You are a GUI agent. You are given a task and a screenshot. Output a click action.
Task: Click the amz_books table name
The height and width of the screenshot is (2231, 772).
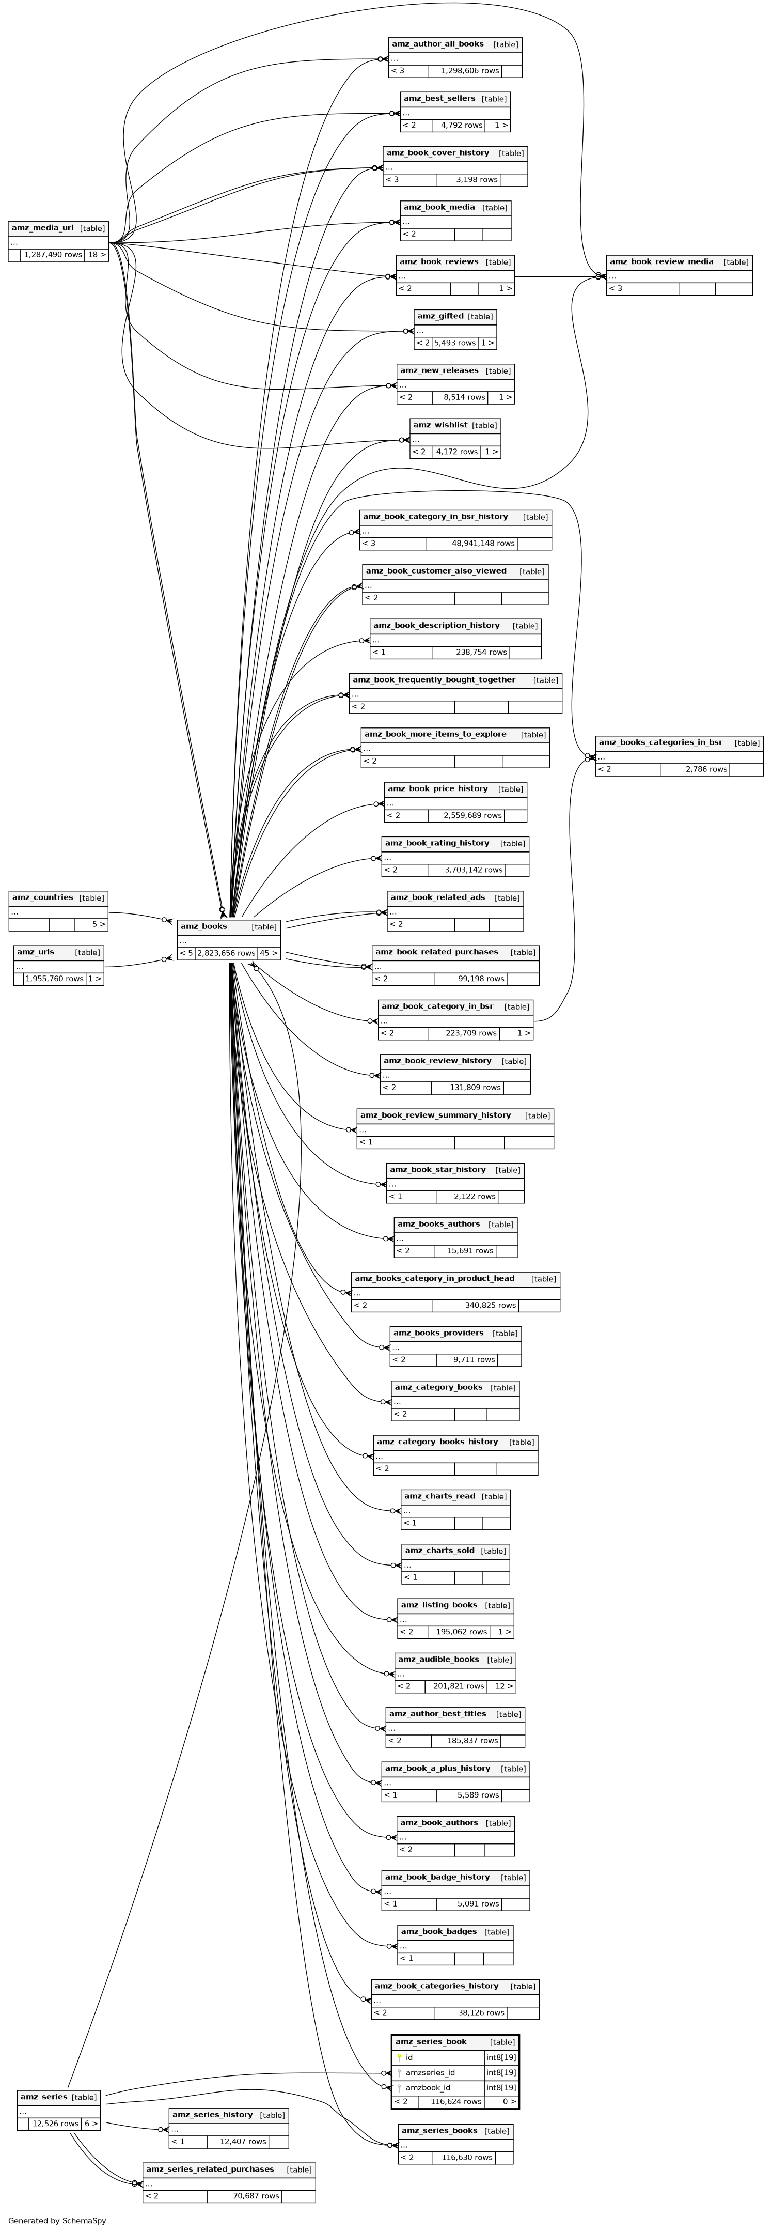[x=203, y=926]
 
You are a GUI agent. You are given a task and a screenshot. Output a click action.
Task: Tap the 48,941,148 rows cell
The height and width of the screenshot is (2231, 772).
[x=482, y=543]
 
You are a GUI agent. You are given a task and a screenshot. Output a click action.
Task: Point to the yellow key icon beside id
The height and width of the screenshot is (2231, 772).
[x=399, y=2057]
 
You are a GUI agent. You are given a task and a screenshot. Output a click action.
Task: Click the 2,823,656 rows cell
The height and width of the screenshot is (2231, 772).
[x=225, y=953]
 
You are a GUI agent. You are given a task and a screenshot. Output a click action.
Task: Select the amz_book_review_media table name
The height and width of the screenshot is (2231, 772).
[x=661, y=261]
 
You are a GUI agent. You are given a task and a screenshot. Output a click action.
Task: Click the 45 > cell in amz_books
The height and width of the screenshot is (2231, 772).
[x=269, y=953]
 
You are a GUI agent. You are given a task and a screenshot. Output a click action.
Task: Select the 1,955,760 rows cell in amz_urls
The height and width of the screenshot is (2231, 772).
[x=54, y=979]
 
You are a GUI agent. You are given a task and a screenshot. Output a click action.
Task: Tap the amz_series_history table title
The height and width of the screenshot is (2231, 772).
[x=212, y=2114]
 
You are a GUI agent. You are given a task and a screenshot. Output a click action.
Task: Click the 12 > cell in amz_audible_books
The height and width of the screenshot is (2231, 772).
[x=501, y=1686]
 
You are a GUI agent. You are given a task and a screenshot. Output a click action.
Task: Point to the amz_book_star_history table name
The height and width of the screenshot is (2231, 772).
[x=436, y=1169]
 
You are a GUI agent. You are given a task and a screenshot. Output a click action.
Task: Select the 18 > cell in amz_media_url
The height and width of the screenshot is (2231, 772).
[x=96, y=255]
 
